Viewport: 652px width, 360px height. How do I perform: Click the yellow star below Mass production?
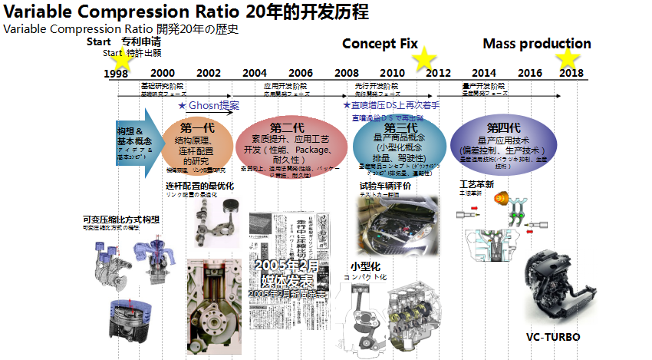[x=568, y=58]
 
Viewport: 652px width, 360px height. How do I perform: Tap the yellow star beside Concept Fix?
[x=426, y=58]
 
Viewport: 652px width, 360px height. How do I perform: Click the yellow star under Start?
[x=120, y=60]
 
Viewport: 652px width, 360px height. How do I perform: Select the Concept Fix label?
[x=380, y=44]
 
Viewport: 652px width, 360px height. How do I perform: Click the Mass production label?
[x=537, y=44]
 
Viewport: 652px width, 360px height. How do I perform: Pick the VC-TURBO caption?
[x=553, y=337]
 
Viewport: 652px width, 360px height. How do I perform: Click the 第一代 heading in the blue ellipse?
[x=196, y=127]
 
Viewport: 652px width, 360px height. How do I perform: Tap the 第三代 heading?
[x=400, y=128]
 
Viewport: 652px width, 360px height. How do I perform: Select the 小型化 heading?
[x=365, y=266]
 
